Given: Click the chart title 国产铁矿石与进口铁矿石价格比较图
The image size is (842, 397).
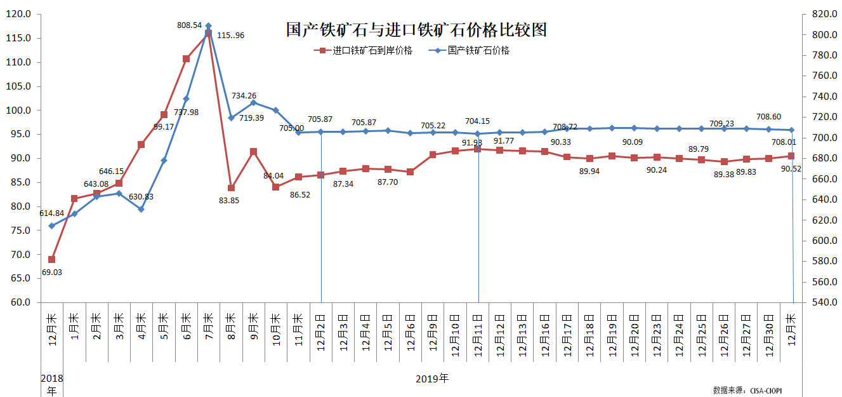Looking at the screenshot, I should coord(416,30).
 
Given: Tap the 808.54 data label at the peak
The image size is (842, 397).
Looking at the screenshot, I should coord(190,25).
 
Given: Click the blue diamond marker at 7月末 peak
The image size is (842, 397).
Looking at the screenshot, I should coord(208,26).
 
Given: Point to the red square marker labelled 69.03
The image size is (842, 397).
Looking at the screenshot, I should coord(51,259).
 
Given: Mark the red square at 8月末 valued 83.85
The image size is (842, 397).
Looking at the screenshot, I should coord(231,188).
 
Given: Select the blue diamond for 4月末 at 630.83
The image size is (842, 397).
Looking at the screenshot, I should coord(141,209).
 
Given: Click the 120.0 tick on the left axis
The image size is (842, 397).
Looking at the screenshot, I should coord(22,14).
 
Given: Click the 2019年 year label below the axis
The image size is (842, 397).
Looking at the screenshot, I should coord(432,379).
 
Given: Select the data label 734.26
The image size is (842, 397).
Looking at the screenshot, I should coord(244,95).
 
